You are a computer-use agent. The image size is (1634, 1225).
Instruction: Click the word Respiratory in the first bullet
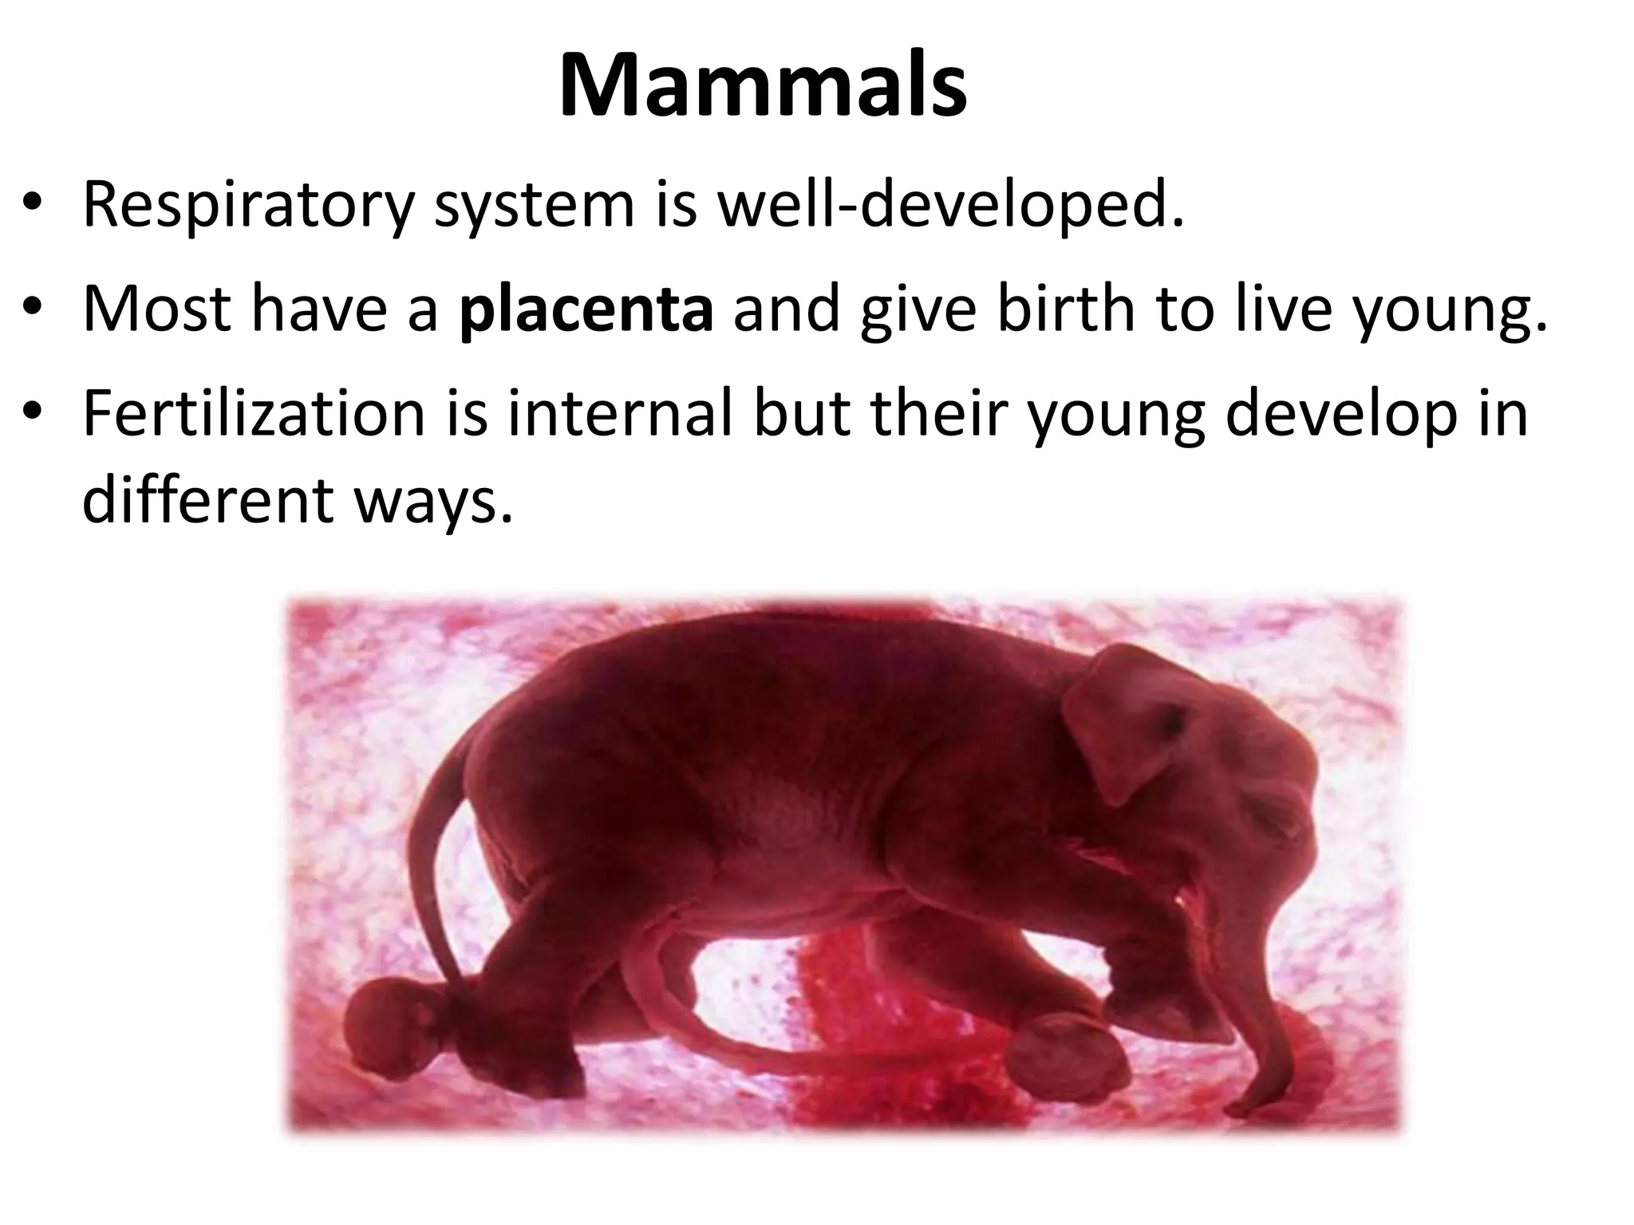tap(248, 206)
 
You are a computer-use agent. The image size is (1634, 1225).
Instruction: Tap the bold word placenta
tap(586, 309)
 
